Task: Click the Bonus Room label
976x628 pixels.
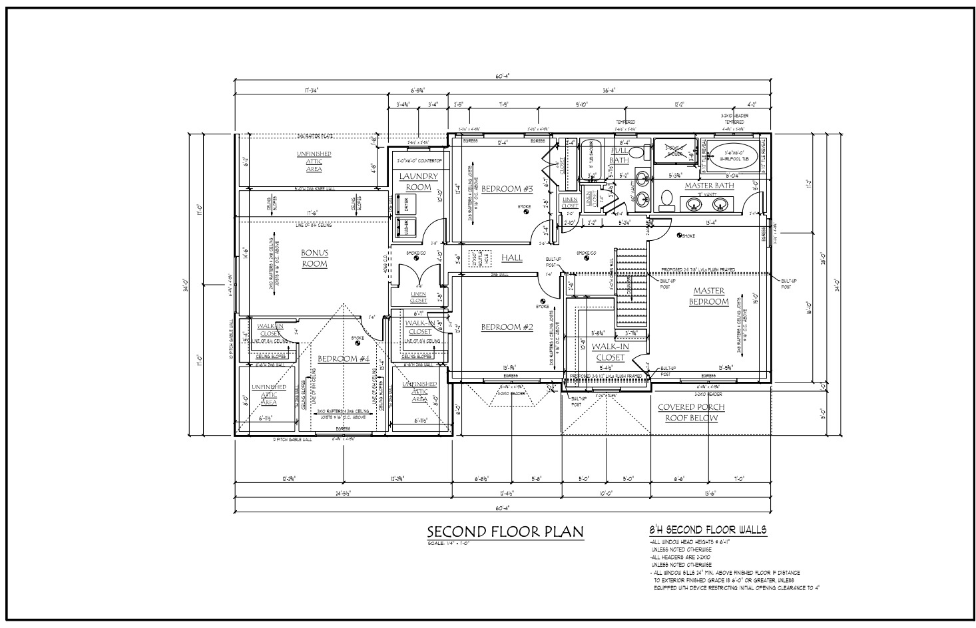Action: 314,258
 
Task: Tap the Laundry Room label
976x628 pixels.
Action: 419,182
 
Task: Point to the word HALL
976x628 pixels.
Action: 512,257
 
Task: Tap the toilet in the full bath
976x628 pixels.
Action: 636,153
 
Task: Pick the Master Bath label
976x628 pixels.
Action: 709,186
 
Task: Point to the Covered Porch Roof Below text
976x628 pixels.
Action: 691,412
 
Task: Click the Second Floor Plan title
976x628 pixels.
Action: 505,532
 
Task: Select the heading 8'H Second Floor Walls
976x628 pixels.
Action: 708,530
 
